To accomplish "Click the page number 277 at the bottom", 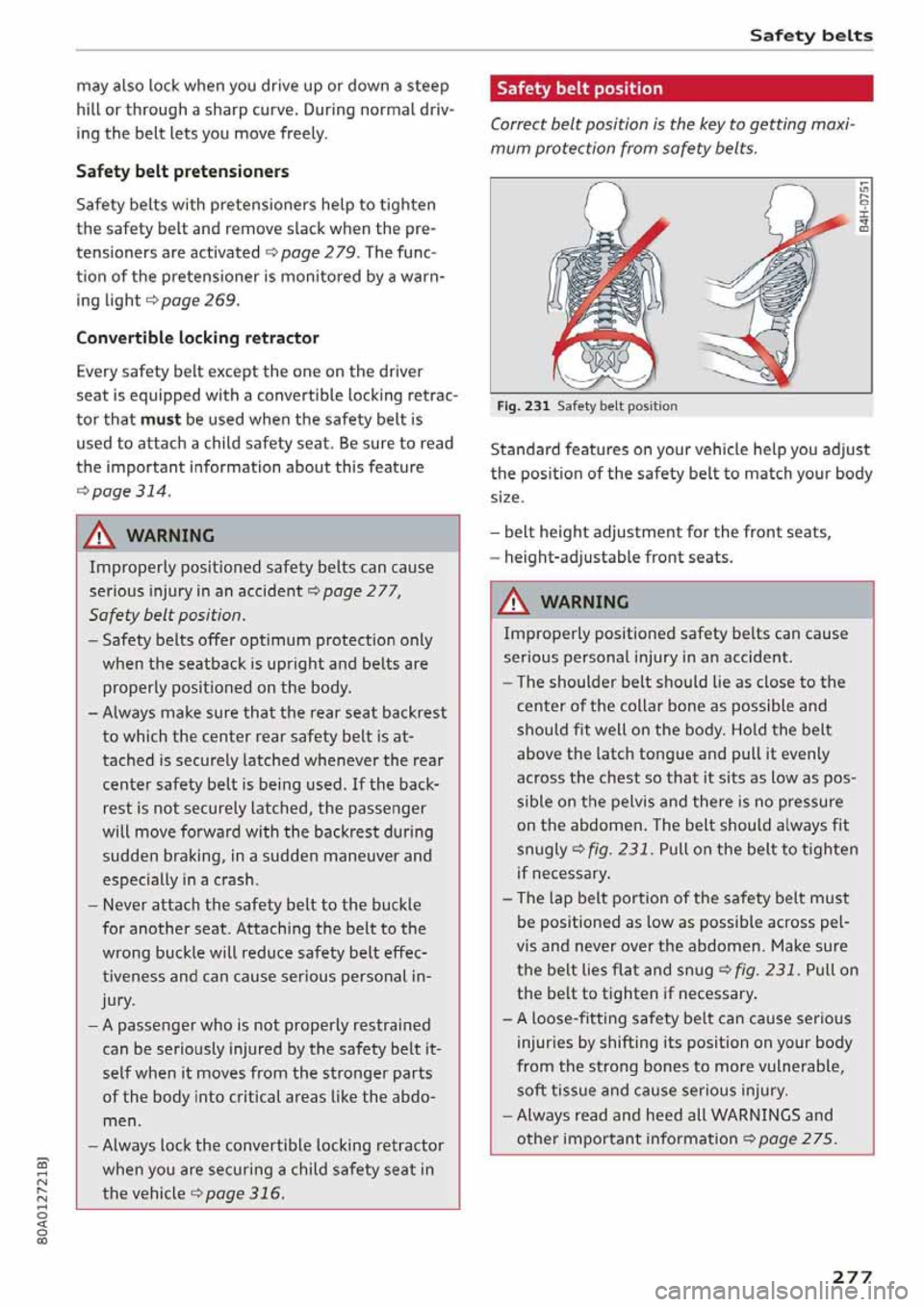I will [851, 1276].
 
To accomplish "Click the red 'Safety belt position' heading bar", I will [680, 89].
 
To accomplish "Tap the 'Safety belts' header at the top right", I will [810, 36].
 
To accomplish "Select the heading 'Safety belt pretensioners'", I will [182, 171].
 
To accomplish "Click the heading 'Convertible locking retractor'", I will [197, 338].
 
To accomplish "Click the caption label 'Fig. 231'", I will [523, 406].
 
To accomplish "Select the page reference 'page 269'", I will [198, 300].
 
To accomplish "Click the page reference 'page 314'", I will [130, 491].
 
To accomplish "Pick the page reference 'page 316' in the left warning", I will [244, 1193].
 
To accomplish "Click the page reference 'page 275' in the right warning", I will [796, 1139].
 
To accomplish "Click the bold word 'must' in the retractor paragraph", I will [160, 420].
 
